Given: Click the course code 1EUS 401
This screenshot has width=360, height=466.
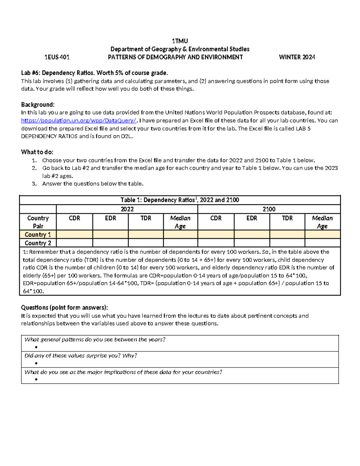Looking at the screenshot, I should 57,57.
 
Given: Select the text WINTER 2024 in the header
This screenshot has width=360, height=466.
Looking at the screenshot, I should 297,57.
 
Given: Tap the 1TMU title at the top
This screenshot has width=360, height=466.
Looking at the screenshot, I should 180,41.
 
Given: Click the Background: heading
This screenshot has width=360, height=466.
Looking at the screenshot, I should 38,105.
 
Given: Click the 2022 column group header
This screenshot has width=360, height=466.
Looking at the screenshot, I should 127,209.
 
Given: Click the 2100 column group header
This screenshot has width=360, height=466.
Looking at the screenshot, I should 269,209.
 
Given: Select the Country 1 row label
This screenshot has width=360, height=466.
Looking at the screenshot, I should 38,235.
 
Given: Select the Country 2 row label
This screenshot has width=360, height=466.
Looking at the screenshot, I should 38,243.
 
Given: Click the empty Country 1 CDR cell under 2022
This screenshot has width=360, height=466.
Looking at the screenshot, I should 74,235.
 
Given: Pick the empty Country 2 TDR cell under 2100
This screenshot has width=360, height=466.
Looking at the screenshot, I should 287,243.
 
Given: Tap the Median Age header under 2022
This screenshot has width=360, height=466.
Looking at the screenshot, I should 180,222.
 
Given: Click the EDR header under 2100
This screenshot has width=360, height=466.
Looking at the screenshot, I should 252,218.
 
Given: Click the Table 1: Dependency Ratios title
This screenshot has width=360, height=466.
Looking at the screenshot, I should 180,200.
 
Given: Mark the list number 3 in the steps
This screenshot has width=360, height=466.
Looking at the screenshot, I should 34,184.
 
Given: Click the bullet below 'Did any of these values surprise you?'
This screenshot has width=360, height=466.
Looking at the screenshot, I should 36,363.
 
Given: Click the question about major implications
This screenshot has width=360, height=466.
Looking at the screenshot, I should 123,372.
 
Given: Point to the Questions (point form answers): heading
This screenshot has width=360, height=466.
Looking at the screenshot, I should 64,308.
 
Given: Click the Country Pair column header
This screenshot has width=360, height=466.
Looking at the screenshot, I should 38,222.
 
